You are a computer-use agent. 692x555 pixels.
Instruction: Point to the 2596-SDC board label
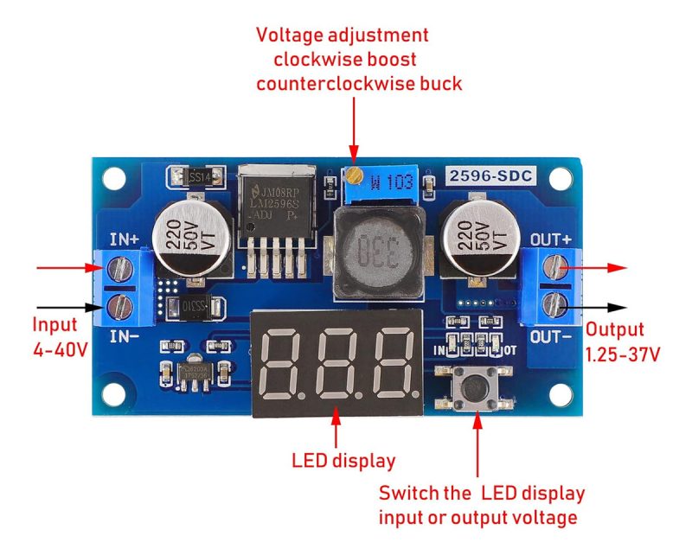click(x=491, y=175)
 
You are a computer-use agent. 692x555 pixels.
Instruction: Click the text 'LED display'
click(x=343, y=461)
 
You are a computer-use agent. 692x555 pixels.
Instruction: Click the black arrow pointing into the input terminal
click(x=65, y=306)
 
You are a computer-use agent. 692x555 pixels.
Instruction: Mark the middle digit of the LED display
click(x=335, y=362)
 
